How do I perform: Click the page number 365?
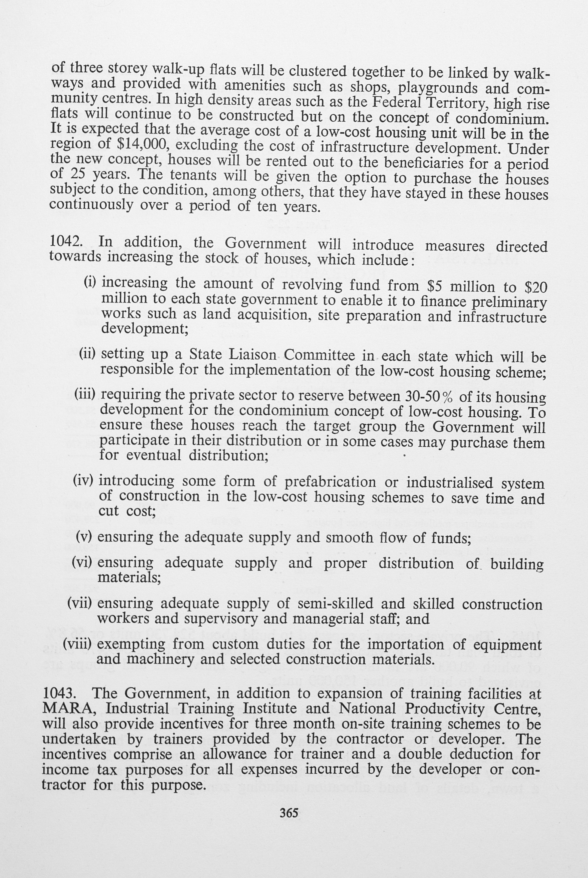tap(289, 812)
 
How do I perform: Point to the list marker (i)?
tap(90, 282)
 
